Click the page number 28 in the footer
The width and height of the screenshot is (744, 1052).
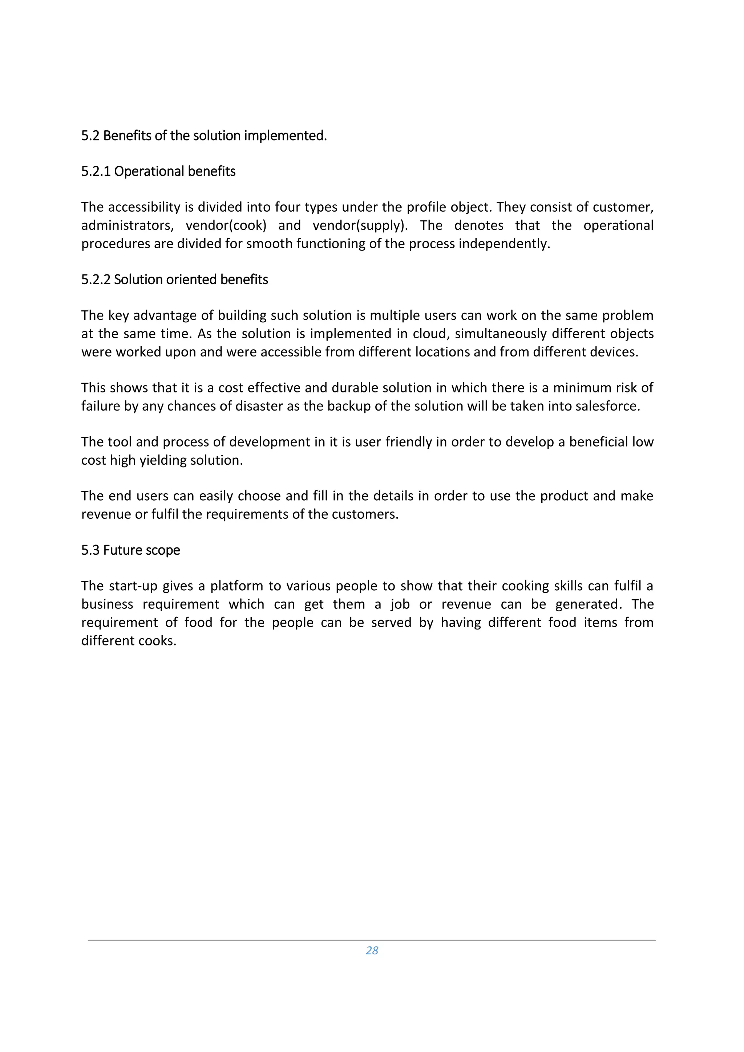372,950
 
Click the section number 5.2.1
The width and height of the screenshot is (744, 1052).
96,171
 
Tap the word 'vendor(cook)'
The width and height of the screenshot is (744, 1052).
226,225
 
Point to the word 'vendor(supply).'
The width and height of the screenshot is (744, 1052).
360,225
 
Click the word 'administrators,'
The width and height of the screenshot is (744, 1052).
128,225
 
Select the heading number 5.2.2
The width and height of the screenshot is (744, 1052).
96,280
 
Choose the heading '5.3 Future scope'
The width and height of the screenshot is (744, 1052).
131,550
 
